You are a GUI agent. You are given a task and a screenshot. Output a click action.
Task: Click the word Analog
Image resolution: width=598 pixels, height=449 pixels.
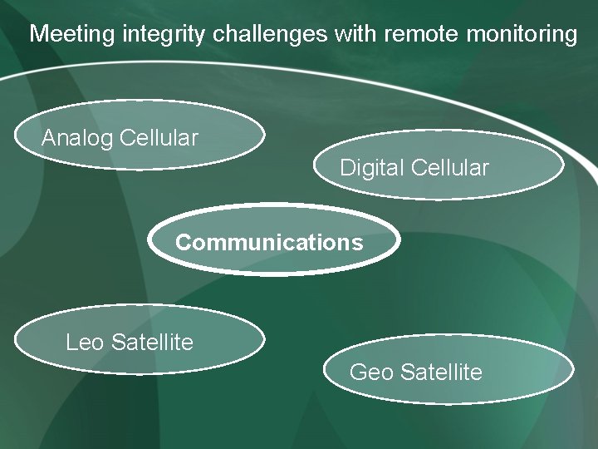pos(77,138)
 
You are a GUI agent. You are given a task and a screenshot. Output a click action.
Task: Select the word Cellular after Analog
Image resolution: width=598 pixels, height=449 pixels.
pos(159,138)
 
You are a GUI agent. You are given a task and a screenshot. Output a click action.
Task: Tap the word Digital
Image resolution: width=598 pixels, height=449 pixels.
pos(371,168)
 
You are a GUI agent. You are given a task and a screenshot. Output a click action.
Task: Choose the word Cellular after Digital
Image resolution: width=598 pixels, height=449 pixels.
pos(449,168)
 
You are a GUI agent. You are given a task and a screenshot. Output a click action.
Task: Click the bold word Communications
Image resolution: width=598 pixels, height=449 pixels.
pos(269,243)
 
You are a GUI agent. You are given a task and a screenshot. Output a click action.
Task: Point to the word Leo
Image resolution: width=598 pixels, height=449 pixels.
pos(86,342)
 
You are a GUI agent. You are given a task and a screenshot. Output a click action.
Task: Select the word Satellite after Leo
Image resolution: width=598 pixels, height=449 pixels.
pos(152,342)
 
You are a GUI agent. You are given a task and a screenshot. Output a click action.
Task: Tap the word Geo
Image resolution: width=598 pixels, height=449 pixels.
pos(371,372)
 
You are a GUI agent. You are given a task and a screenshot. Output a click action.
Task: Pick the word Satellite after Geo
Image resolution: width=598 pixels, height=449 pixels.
pos(441,372)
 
